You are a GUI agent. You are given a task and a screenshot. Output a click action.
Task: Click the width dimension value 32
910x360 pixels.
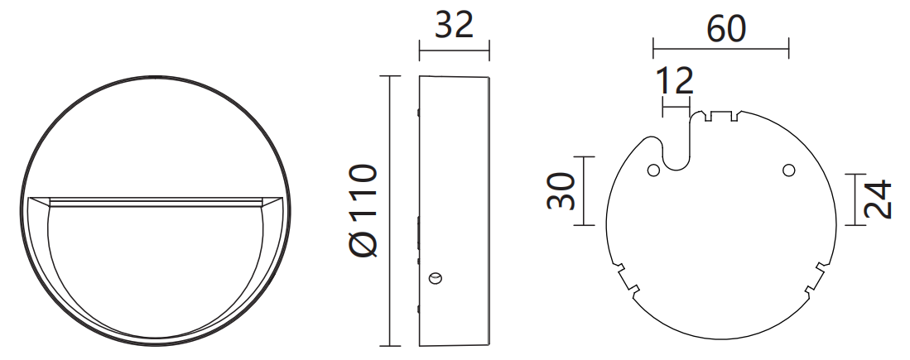click(454, 26)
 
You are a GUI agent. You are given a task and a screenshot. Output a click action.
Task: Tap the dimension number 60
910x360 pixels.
click(726, 29)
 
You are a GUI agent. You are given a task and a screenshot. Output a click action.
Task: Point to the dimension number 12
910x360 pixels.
click(674, 81)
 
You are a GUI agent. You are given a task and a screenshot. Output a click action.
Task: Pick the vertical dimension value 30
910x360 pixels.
click(561, 191)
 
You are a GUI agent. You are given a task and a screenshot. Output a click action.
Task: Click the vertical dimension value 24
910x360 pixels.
click(878, 199)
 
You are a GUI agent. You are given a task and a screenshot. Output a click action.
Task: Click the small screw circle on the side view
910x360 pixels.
click(436, 277)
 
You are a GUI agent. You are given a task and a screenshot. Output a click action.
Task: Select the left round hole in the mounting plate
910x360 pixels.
click(653, 170)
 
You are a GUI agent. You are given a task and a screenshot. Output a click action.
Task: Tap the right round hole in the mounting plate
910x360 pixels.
click(788, 170)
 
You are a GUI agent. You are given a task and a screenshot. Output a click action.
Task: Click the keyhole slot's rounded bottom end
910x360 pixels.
click(676, 159)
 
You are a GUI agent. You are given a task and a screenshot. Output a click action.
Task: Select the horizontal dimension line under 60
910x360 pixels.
click(720, 48)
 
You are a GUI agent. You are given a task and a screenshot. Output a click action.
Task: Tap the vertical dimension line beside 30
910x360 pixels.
click(585, 191)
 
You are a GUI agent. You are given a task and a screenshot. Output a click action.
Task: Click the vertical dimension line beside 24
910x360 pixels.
click(854, 199)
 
